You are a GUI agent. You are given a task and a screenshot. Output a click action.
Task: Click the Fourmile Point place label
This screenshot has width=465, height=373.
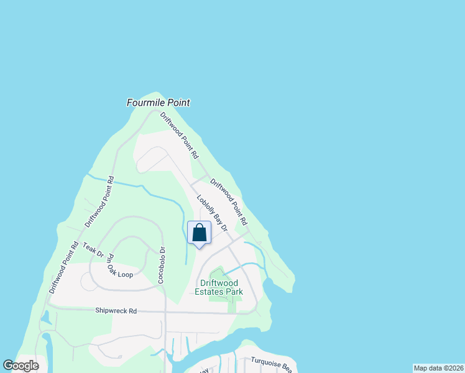(x=158, y=103)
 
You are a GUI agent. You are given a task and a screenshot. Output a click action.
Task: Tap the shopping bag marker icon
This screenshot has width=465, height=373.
(x=199, y=234)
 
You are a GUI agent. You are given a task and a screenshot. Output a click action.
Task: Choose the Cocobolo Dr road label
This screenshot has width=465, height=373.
(x=161, y=265)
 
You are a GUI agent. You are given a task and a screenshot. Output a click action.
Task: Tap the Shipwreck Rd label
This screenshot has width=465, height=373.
(x=116, y=310)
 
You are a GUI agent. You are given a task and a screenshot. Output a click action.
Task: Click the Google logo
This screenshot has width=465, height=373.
(x=21, y=366)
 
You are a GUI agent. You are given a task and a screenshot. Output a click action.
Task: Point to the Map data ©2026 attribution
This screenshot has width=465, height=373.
(x=438, y=368)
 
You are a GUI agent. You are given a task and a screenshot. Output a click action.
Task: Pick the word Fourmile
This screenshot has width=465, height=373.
(x=145, y=103)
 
